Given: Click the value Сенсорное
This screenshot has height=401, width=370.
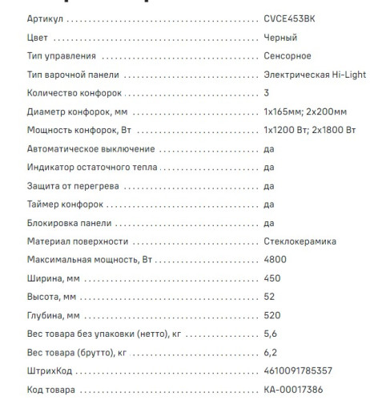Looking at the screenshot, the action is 288,56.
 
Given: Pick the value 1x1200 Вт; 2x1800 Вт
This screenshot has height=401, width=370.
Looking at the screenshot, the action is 308,130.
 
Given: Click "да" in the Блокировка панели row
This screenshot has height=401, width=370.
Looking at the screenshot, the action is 269,222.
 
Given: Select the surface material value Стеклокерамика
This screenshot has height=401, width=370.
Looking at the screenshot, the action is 300,241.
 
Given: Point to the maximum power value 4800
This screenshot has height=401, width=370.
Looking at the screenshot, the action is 274,260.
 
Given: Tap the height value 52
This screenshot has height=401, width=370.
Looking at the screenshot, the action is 269,297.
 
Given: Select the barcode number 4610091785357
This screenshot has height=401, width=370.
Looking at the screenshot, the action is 297,371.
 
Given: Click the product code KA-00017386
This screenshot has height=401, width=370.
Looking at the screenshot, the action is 293,389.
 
